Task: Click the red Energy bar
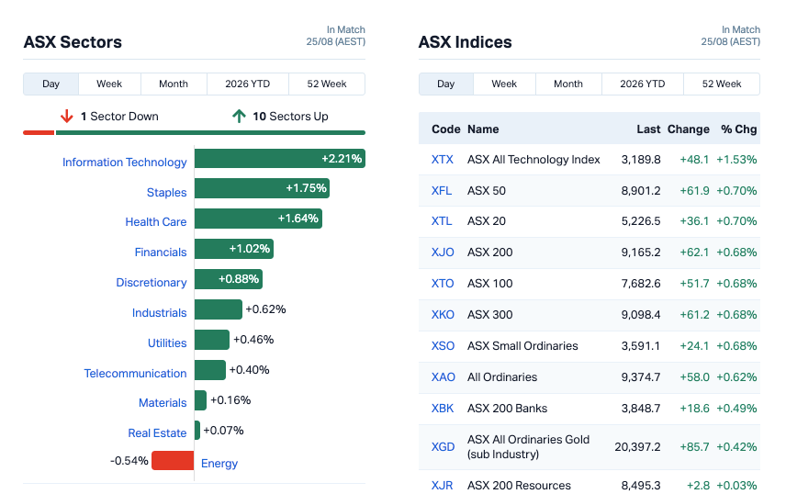173,460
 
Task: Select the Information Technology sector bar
280,159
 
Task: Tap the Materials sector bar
200,400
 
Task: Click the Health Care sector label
156,221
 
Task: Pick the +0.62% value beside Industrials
265,309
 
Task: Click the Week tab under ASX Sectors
109,84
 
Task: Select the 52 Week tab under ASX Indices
722,84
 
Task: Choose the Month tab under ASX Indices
568,84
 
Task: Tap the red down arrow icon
67,117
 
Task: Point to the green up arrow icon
239,117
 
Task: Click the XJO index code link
443,253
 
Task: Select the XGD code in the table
444,447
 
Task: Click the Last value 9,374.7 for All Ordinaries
641,377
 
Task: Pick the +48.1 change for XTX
694,160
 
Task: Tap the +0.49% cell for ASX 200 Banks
736,409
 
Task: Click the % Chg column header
739,129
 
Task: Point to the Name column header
483,129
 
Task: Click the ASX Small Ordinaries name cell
522,346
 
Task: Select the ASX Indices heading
466,42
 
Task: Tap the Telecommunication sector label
135,373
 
